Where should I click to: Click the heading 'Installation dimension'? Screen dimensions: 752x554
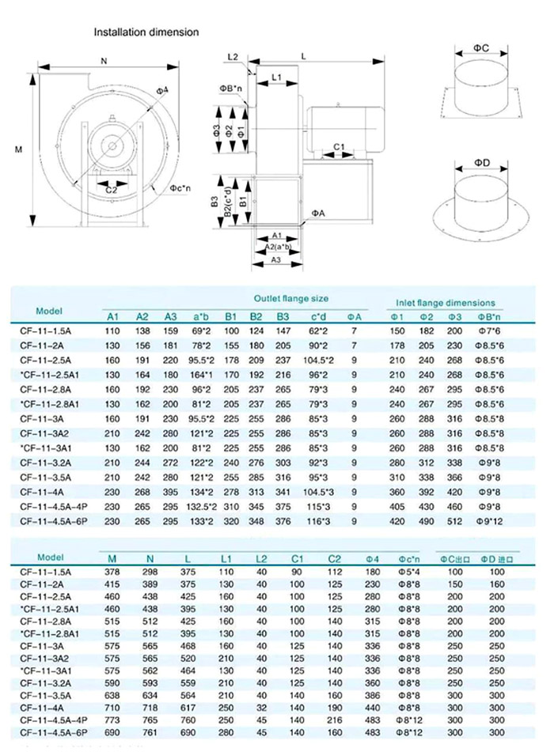click(x=146, y=32)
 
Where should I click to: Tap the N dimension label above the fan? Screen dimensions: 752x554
click(x=104, y=60)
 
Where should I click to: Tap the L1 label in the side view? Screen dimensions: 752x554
click(x=276, y=77)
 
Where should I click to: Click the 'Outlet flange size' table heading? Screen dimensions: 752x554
click(x=290, y=299)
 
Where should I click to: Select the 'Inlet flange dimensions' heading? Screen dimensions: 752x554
click(x=446, y=302)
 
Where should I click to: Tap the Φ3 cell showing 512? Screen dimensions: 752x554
click(x=456, y=519)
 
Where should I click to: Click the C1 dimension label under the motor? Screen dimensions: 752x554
click(x=338, y=146)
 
